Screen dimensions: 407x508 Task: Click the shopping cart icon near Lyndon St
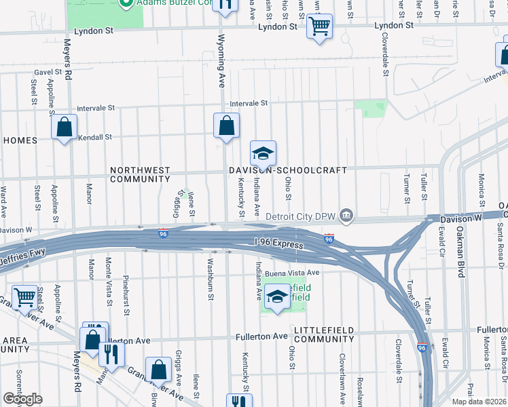click(x=319, y=26)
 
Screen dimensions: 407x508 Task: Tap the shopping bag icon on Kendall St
click(x=64, y=127)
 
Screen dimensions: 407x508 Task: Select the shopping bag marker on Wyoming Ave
click(x=226, y=125)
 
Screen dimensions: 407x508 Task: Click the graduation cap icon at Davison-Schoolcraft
click(x=263, y=153)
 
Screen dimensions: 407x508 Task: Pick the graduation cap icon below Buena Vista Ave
click(x=276, y=296)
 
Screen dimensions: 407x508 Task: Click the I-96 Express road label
click(x=278, y=241)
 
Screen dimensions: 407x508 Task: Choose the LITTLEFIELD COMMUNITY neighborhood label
click(x=324, y=334)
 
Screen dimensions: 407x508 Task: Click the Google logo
click(x=22, y=399)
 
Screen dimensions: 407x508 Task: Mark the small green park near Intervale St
click(x=371, y=107)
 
